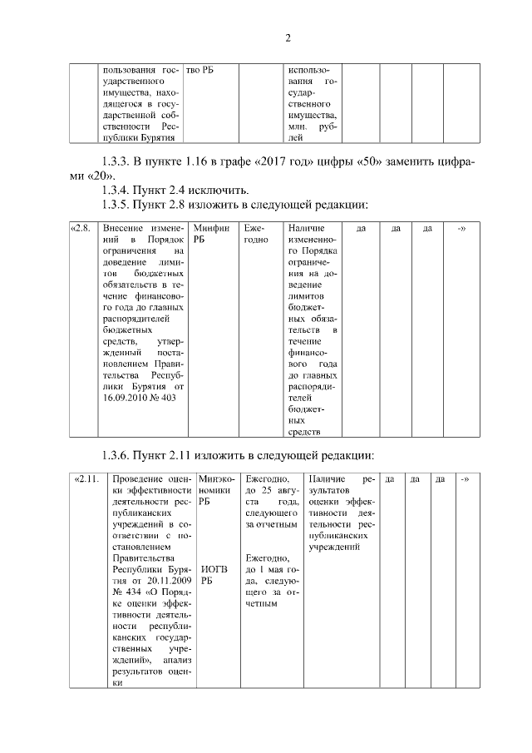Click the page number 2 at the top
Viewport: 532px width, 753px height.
288,38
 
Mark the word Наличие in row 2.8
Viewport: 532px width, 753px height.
306,227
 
